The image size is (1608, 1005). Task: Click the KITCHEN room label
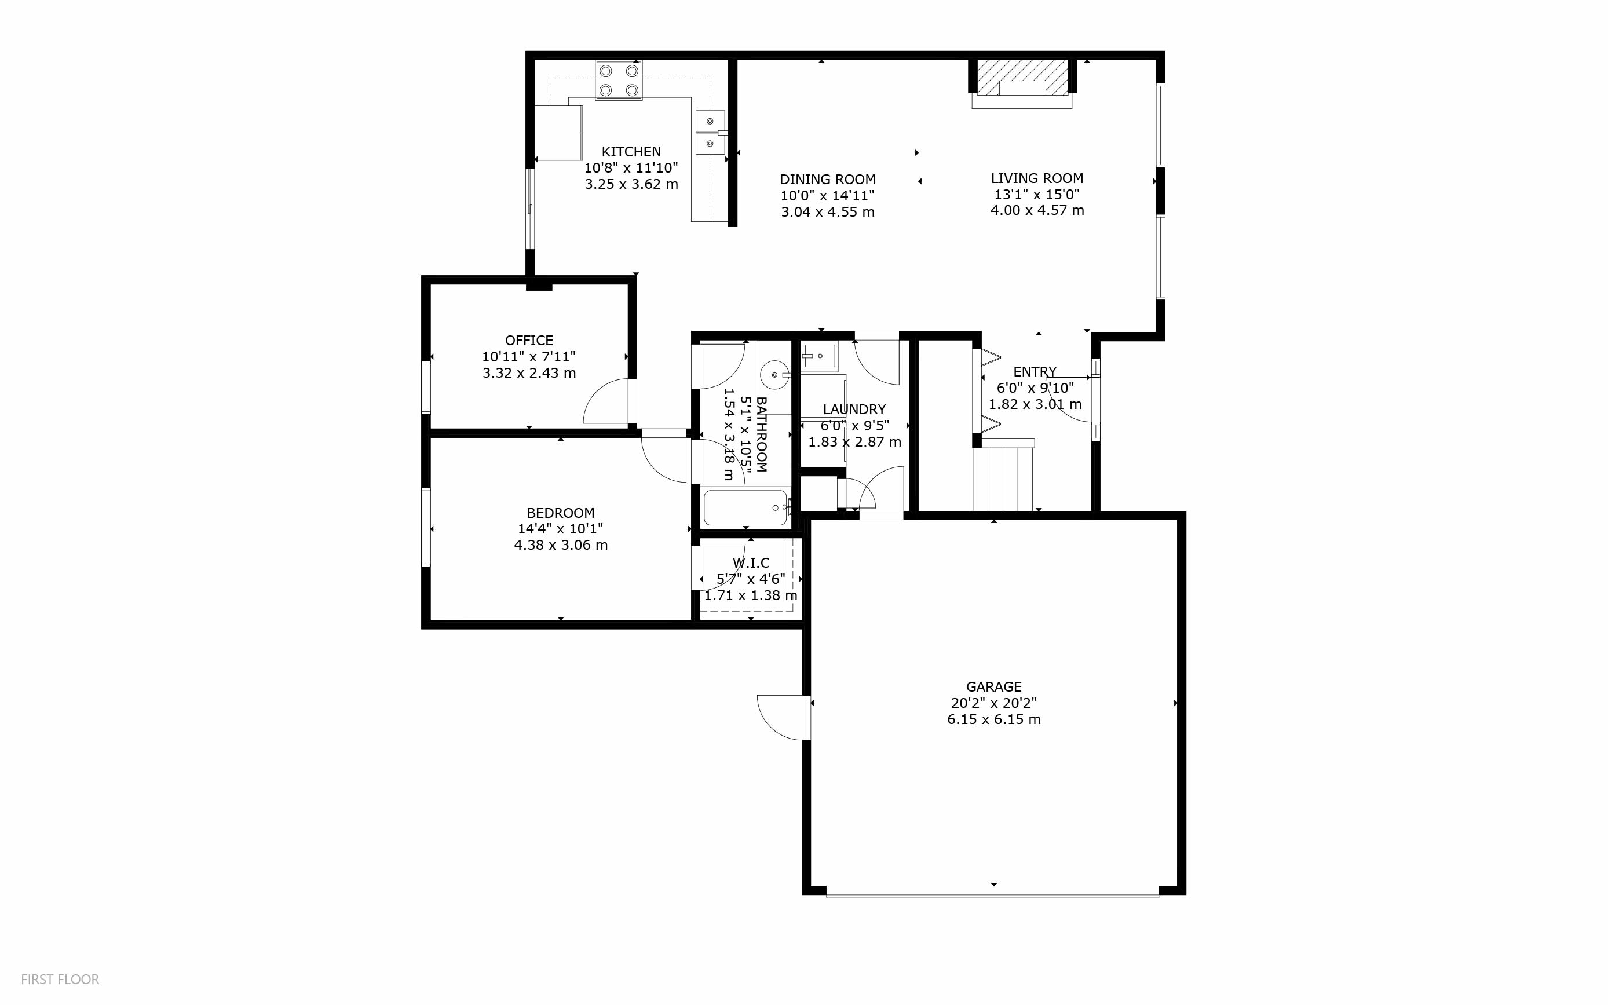pos(631,152)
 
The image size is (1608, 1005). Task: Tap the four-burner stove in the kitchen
pos(619,81)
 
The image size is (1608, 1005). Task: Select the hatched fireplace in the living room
pos(1022,78)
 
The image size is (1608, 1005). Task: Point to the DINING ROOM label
pos(827,180)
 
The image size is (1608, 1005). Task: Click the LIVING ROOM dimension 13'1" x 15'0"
pos(1036,195)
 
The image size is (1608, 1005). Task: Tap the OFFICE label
pos(529,341)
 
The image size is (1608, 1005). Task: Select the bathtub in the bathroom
pos(745,508)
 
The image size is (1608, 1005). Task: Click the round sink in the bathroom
pos(775,375)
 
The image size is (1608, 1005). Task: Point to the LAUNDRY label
pos(854,410)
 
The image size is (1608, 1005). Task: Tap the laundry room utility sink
pos(818,357)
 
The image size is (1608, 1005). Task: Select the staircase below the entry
pos(1003,475)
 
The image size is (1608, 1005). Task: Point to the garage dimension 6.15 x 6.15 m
pos(993,720)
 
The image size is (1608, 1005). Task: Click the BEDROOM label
pos(560,513)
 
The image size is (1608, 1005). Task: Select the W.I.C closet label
pos(751,563)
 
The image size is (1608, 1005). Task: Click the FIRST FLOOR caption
pos(60,979)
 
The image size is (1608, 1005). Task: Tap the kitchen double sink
pos(710,132)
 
